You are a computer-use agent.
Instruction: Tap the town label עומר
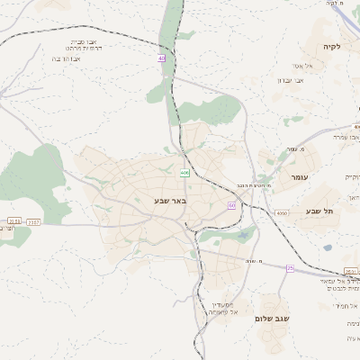tap(299, 177)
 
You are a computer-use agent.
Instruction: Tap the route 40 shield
tap(162, 58)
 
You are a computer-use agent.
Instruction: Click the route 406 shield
tap(184, 173)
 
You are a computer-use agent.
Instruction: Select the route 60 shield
tap(231, 205)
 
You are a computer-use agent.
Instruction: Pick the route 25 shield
tap(290, 267)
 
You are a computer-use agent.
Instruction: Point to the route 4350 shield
tap(282, 213)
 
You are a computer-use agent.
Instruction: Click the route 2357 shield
tap(34, 220)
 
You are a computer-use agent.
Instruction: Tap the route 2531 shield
tap(351, 273)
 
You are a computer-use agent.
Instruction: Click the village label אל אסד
tap(302, 65)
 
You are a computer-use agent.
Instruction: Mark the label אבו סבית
tap(83, 41)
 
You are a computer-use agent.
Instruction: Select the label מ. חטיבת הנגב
tap(243, 185)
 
